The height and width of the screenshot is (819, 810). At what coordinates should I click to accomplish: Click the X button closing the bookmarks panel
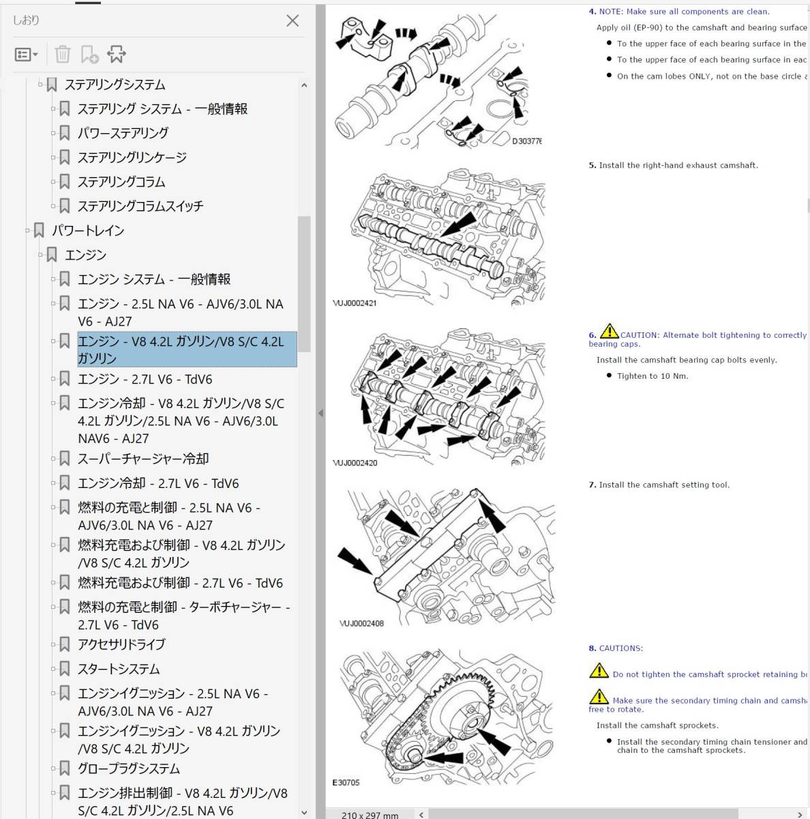point(292,20)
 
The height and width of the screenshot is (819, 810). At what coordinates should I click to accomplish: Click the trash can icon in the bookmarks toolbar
point(62,54)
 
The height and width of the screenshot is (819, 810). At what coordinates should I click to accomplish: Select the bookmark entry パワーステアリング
point(123,133)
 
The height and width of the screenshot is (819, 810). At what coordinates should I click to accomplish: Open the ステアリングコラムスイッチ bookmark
point(140,206)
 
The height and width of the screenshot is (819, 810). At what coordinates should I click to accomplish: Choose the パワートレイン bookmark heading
point(88,231)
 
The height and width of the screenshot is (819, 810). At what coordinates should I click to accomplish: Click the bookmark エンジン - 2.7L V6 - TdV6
point(145,379)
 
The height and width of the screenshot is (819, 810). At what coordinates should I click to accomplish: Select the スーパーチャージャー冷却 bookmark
point(143,459)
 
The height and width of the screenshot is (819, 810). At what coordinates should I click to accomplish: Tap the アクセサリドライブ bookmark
point(121,644)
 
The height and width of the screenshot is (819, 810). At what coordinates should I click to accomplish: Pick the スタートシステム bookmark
point(119,669)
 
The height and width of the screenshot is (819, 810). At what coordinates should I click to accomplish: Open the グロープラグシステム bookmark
point(129,768)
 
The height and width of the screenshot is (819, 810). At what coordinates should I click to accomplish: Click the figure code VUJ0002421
point(355,303)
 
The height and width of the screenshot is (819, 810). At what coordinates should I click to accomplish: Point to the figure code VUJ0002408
point(361,623)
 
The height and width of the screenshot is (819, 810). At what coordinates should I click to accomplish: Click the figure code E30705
point(346,782)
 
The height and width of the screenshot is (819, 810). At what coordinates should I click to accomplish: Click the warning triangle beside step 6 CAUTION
point(609,332)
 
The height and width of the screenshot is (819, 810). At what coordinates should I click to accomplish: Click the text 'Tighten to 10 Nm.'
point(652,376)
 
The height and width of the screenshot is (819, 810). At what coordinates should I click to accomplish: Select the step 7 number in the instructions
point(592,485)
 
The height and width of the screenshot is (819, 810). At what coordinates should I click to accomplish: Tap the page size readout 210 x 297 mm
point(370,815)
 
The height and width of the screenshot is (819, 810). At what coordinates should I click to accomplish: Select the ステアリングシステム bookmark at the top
point(115,85)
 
